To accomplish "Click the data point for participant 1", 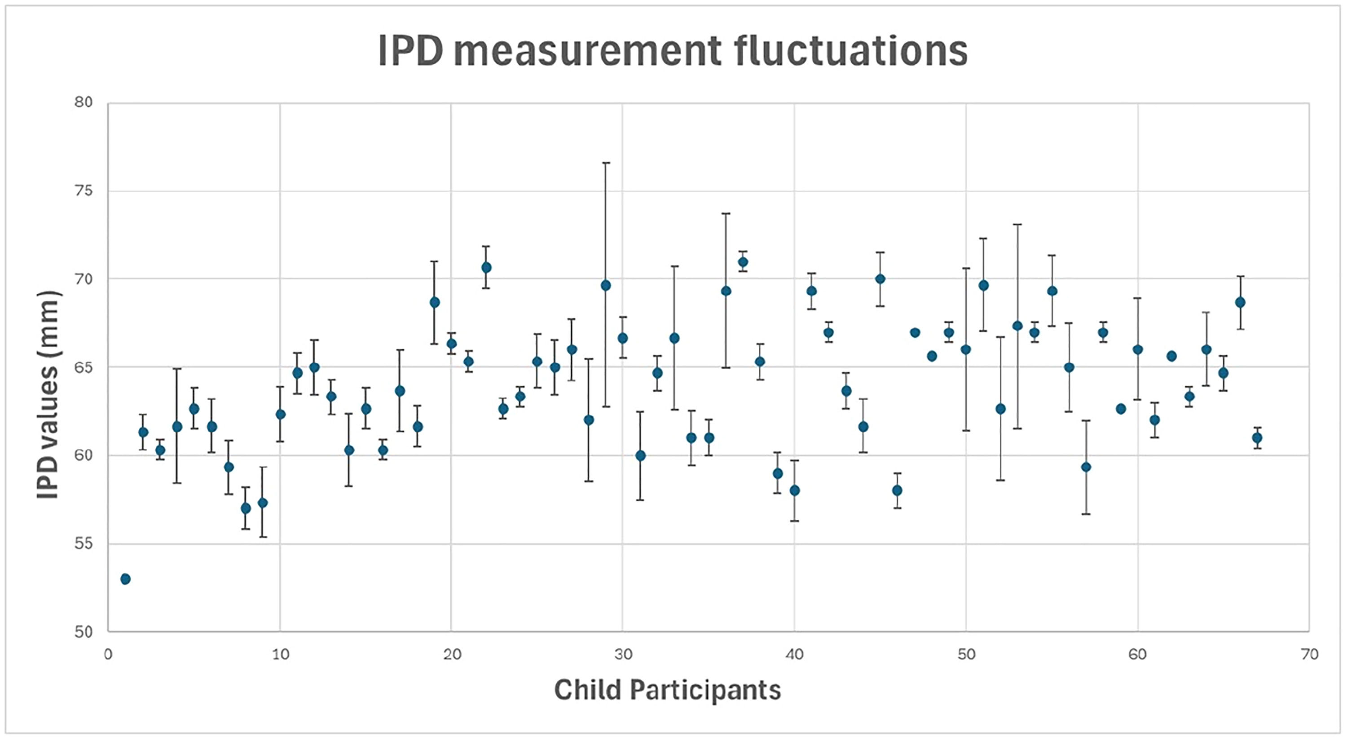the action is coord(126,579).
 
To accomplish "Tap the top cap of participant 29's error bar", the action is coord(606,163).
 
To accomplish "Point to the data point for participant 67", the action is coord(1257,437).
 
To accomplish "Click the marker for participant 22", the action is coord(486,267).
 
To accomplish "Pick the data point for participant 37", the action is coord(743,261).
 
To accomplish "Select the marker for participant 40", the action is coord(794,490).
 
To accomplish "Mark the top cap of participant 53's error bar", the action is coord(1017,224).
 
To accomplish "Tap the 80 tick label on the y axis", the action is coord(84,102).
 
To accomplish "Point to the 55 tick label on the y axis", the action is coord(84,544).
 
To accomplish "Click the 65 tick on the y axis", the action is coord(84,367).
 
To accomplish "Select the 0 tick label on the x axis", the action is coord(108,654).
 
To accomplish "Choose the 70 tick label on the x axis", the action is coord(1309,654).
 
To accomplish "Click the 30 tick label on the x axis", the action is coord(623,654).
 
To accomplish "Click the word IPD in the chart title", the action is coord(410,51).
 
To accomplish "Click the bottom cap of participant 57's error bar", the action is coord(1086,513).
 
